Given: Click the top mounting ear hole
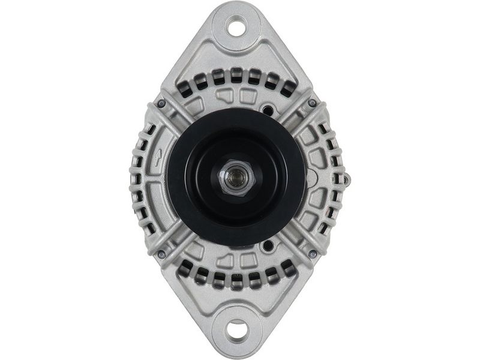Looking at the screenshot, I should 236,28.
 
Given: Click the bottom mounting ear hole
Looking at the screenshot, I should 237,329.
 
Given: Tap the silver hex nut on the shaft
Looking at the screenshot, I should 238,178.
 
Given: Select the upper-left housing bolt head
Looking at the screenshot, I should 161,104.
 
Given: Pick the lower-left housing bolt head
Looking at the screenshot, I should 161,254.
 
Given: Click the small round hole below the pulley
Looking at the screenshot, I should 268,245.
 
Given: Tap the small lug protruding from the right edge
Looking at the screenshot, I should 348,178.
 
